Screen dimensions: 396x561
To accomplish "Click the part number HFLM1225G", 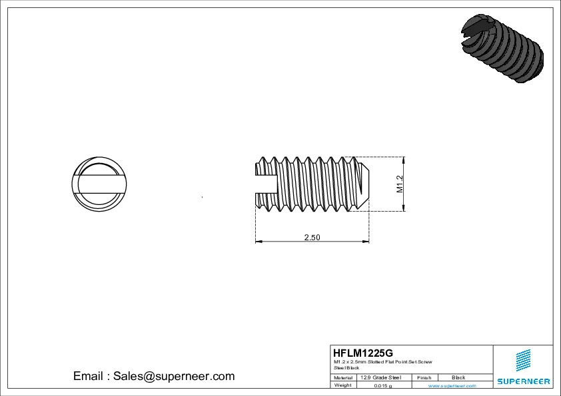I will [x=363, y=352].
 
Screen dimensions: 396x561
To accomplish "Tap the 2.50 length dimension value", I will [x=312, y=238].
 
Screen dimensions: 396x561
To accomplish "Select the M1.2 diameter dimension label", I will [x=400, y=184].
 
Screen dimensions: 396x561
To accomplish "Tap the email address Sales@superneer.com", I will [x=174, y=376].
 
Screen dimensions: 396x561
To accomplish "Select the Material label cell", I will [x=342, y=377].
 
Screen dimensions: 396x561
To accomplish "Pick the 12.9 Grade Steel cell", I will [x=380, y=377].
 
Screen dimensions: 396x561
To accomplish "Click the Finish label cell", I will [x=424, y=377].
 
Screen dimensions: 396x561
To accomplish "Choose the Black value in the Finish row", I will [x=458, y=377].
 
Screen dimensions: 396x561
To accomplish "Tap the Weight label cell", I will [x=342, y=385].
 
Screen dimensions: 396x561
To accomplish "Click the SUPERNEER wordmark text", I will [x=523, y=381].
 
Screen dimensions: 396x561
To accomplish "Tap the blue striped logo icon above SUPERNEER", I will [x=524, y=361].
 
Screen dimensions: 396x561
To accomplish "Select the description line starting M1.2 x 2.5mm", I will [x=382, y=361].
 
